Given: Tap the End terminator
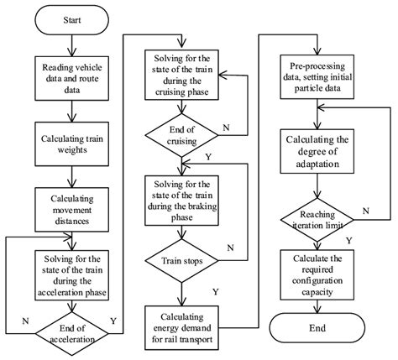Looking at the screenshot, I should click(x=318, y=328).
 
